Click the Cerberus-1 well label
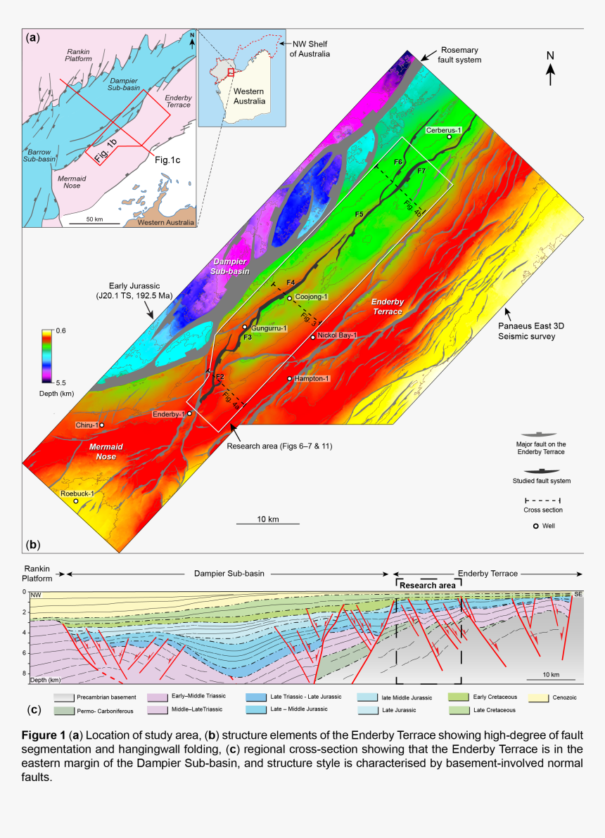point(442,130)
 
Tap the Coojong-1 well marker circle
point(288,298)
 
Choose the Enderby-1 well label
point(168,414)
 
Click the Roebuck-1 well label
point(77,494)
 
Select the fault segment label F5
point(359,213)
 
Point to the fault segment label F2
point(219,378)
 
